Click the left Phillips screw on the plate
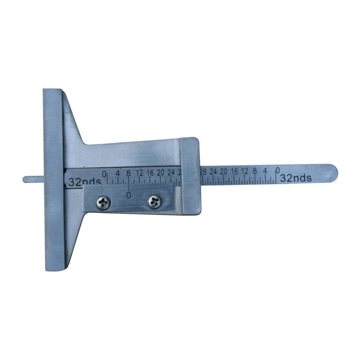click(x=103, y=202)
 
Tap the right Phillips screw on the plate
click(x=154, y=202)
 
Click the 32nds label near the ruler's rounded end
click(x=296, y=178)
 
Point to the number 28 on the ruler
click(x=203, y=172)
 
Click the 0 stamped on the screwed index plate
click(x=128, y=194)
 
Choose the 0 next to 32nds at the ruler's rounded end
click(x=278, y=170)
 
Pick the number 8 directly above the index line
click(x=128, y=173)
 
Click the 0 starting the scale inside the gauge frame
click(x=104, y=173)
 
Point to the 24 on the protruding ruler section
click(x=213, y=172)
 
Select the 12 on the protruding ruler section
click(x=245, y=171)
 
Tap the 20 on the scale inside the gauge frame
click(x=161, y=172)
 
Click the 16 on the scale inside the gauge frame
click(x=150, y=172)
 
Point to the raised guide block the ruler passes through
click(x=190, y=176)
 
